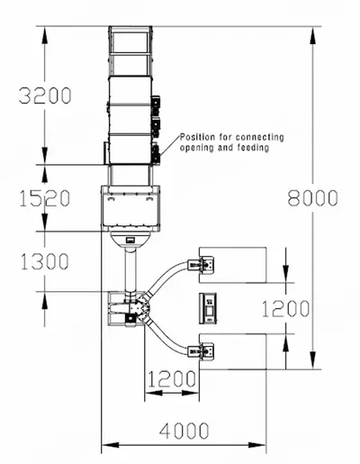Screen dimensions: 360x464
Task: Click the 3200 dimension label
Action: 45,96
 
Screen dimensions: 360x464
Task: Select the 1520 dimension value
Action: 45,198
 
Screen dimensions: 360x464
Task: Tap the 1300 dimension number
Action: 45,261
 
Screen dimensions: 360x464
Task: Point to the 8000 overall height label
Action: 313,198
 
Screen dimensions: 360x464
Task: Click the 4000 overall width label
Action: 184,431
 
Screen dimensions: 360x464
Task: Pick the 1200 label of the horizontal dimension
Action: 172,379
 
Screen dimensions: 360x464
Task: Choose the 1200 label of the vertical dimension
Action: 285,308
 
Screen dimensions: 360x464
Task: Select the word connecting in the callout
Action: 259,138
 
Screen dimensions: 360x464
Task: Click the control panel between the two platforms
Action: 208,308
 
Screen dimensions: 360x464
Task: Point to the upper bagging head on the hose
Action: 201,265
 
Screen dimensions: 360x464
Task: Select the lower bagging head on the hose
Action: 201,350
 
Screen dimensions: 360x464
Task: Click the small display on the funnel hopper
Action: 130,240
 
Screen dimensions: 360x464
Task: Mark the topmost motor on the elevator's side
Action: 156,106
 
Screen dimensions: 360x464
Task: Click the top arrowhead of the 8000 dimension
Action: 313,36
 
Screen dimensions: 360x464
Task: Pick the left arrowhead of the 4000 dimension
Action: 111,445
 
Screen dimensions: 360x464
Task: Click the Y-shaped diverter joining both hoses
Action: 141,308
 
